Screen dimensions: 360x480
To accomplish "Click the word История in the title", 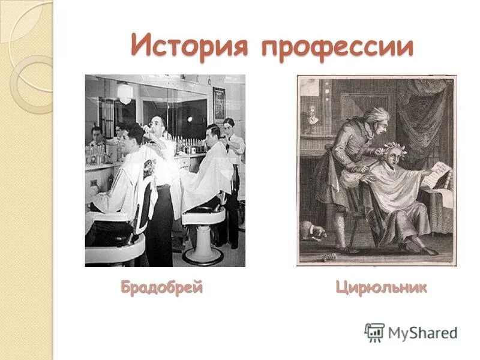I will pos(190,46).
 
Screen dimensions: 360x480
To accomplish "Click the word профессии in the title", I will pos(337,46).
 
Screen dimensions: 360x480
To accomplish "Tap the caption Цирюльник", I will pos(382,287).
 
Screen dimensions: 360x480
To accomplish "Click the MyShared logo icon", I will pos(374,332).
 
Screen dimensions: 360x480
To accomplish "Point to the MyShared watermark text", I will pos(422,332).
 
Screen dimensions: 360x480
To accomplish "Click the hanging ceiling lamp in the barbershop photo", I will pos(124,93).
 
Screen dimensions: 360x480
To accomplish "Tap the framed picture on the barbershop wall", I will pos(219,103).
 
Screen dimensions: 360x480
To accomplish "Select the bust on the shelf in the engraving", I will pos(313,115).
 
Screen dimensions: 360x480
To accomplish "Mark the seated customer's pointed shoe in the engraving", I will pos(427,251).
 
